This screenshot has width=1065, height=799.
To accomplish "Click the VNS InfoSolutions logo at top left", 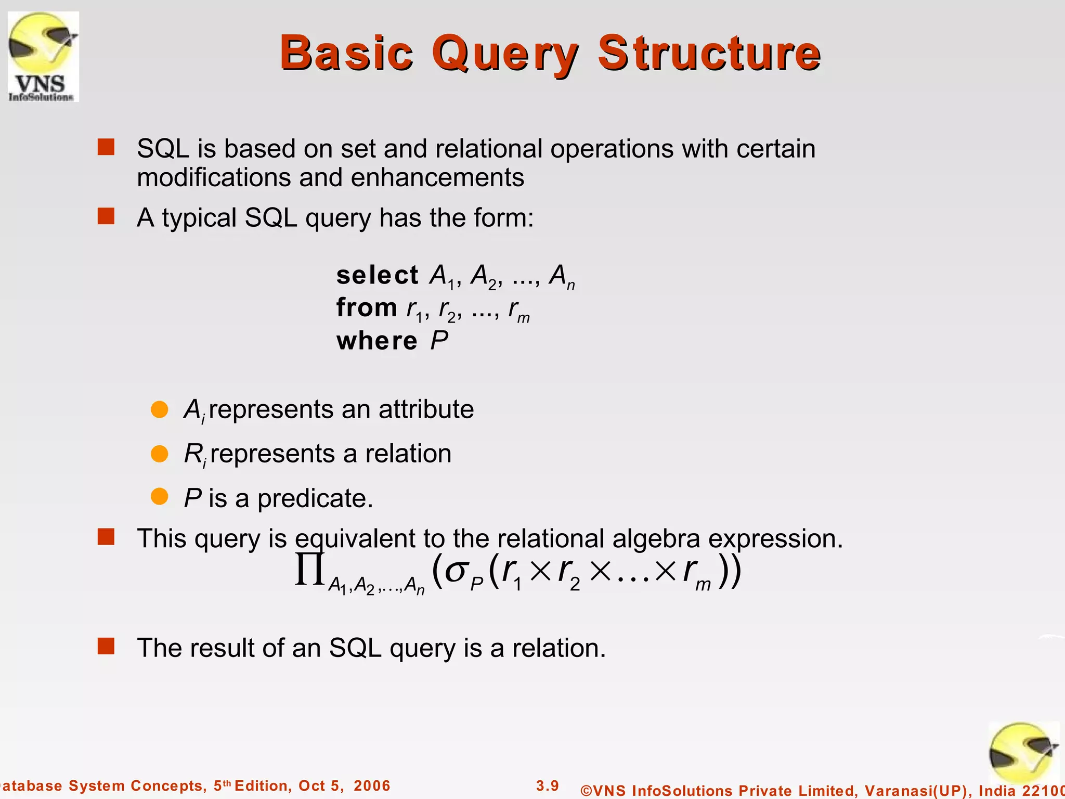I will [x=43, y=56].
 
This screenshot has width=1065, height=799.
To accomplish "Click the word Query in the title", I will [x=504, y=53].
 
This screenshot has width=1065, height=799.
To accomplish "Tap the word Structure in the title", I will [x=709, y=53].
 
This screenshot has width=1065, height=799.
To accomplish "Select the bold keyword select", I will [x=377, y=275].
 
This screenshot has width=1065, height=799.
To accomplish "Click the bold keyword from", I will [x=367, y=307].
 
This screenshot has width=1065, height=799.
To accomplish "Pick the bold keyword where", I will [x=376, y=341].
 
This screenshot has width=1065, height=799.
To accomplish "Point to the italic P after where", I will [x=439, y=341].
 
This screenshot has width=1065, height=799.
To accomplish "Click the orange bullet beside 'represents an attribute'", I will [x=159, y=409].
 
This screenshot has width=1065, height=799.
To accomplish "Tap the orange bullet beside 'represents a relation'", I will [x=159, y=454].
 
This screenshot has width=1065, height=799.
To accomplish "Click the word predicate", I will [x=315, y=498].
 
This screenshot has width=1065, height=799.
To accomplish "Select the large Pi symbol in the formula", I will [x=310, y=571].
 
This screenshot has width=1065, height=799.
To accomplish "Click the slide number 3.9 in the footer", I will [x=548, y=785].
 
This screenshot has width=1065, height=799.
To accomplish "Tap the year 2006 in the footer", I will [x=372, y=785].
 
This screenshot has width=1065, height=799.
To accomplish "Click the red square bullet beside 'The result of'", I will [x=106, y=647].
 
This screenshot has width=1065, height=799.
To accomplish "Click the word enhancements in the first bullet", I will [x=437, y=177].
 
